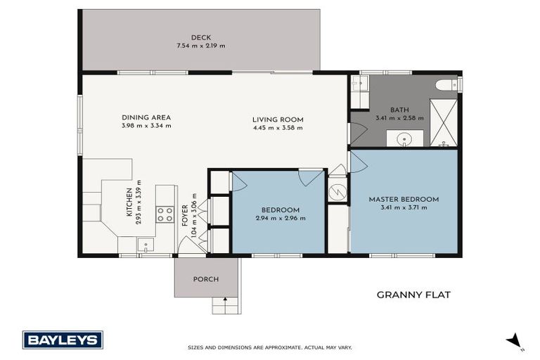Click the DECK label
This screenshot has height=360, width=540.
pyautogui.click(x=200, y=38)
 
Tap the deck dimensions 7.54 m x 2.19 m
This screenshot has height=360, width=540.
pyautogui.click(x=200, y=46)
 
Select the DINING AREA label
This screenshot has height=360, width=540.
pyautogui.click(x=146, y=117)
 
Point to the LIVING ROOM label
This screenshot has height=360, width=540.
pyautogui.click(x=277, y=120)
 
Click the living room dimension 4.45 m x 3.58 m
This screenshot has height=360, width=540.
pyautogui.click(x=277, y=128)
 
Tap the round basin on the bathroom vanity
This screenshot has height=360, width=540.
pyautogui.click(x=406, y=138)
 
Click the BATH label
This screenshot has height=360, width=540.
pyautogui.click(x=400, y=109)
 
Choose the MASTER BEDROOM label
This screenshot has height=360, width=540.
pyautogui.click(x=404, y=199)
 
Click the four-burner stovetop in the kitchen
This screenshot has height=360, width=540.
pyautogui.click(x=165, y=214)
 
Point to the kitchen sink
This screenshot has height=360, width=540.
pyautogui.click(x=146, y=245)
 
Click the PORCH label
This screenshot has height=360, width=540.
pyautogui.click(x=206, y=279)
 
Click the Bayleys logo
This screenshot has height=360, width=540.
pyautogui.click(x=63, y=340)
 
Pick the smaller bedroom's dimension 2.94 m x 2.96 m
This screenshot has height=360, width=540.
pyautogui.click(x=281, y=219)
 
